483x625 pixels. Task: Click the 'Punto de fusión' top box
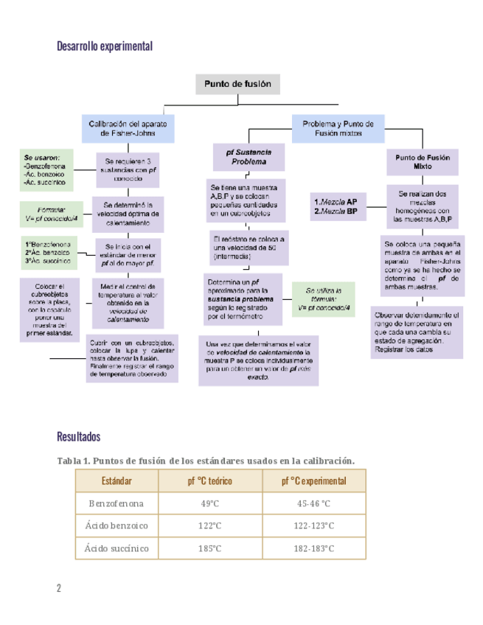[237, 84]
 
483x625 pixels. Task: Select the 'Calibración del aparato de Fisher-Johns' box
[128, 129]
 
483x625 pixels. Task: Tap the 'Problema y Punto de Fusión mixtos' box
[338, 129]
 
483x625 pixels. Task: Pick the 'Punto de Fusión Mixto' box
[423, 161]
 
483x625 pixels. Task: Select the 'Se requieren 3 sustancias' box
[128, 170]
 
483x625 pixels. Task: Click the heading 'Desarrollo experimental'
[105, 46]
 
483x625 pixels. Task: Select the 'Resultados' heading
[78, 437]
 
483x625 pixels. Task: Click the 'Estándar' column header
[117, 481]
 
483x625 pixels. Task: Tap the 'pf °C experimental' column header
[313, 481]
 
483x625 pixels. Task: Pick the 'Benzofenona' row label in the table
[117, 503]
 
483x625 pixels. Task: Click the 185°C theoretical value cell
[210, 548]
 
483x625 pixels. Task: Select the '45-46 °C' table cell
[313, 503]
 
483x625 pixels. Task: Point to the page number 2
[59, 587]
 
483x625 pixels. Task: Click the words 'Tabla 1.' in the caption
[73, 461]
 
